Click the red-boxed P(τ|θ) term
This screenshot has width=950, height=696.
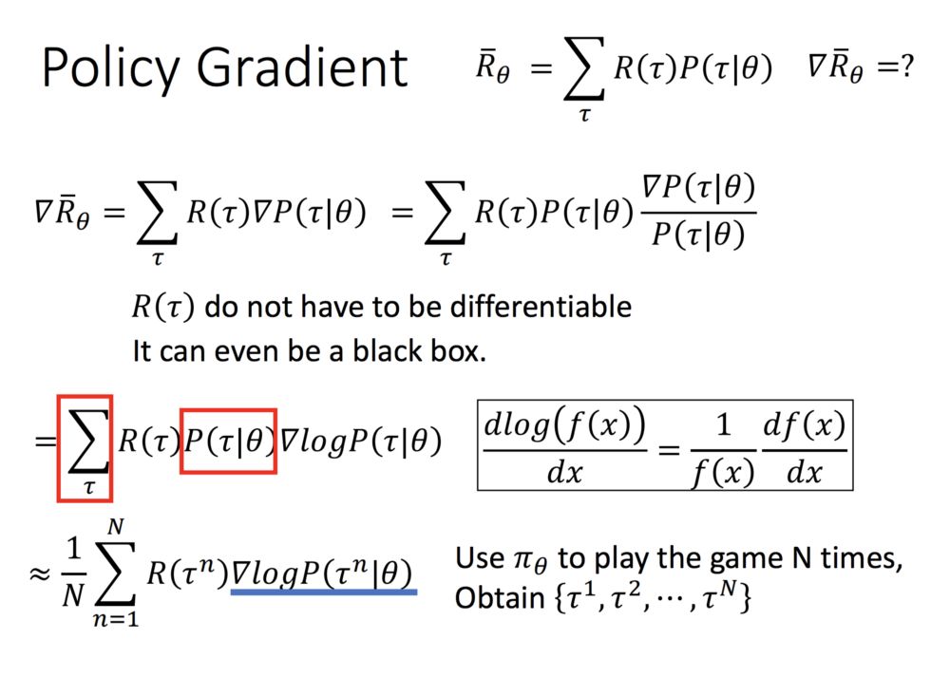(x=228, y=442)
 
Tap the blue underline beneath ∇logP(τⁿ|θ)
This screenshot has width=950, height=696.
(x=324, y=592)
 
